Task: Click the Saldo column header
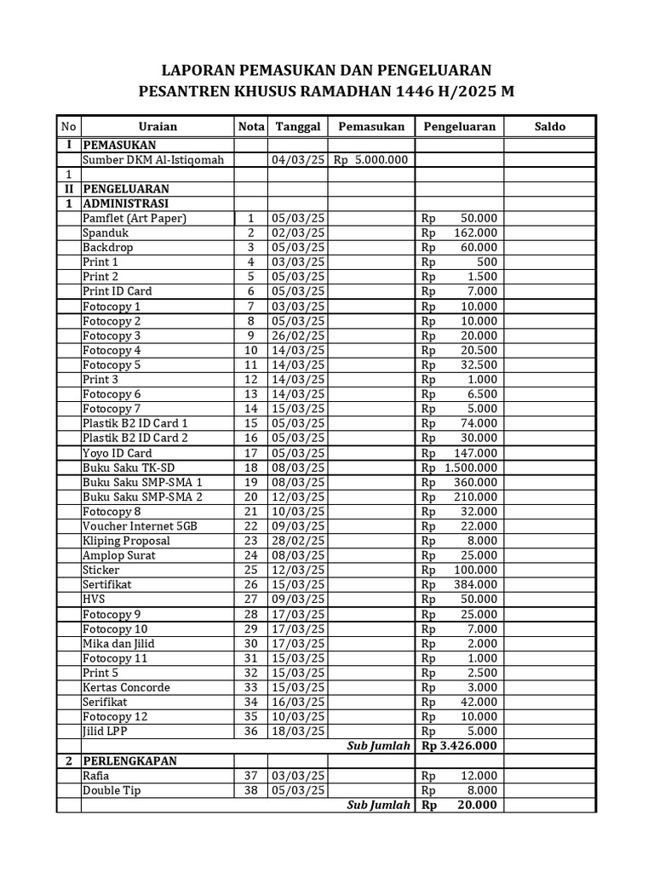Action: click(x=549, y=126)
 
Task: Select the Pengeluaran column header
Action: click(x=458, y=126)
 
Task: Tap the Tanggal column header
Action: click(x=297, y=126)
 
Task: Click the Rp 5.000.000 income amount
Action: click(x=370, y=159)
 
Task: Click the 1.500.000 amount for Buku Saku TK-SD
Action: click(x=470, y=468)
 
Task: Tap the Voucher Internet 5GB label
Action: click(x=140, y=526)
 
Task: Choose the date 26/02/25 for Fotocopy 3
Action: click(x=297, y=336)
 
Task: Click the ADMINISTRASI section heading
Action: click(x=125, y=204)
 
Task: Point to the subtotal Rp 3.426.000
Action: click(x=458, y=746)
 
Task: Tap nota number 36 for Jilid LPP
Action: click(x=250, y=731)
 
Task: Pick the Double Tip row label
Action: click(x=112, y=790)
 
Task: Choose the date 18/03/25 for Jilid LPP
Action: click(x=297, y=731)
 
